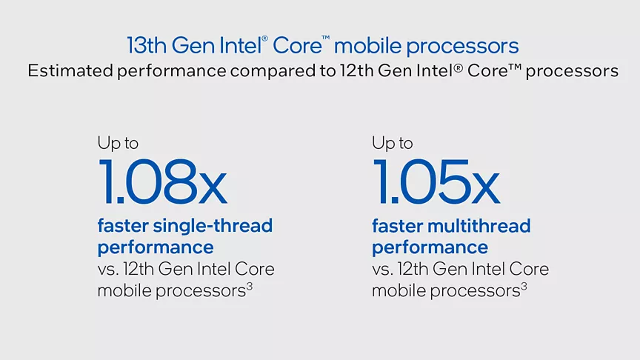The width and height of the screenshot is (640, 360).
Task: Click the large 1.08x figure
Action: (x=162, y=181)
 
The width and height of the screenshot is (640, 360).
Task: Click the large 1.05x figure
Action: (x=436, y=181)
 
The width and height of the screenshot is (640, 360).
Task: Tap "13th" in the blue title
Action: (x=147, y=45)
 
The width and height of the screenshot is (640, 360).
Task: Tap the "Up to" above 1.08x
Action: (x=118, y=143)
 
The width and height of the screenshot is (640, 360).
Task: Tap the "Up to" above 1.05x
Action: (x=393, y=143)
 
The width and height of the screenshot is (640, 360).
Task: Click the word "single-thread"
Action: (x=213, y=226)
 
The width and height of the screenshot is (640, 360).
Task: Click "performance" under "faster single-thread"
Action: (x=156, y=247)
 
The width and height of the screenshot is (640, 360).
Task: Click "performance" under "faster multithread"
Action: (x=430, y=247)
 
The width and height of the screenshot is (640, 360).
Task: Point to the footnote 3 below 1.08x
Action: (x=250, y=287)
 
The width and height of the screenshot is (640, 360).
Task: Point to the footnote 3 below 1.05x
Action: (x=524, y=287)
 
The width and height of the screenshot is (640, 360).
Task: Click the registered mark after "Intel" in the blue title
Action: (x=264, y=39)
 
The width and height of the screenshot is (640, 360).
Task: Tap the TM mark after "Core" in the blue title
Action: (x=325, y=38)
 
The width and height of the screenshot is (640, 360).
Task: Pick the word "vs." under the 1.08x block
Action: (x=107, y=270)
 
